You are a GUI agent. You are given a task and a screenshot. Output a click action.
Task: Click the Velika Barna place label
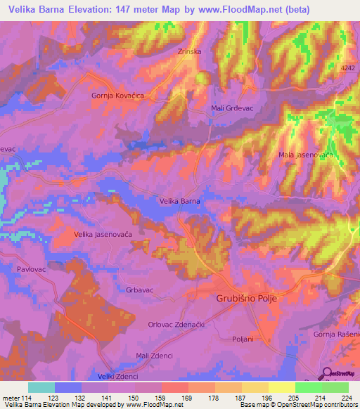[180, 201]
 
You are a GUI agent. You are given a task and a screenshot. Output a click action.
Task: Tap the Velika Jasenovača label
[103, 234]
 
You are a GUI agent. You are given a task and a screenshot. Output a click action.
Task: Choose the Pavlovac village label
[30, 268]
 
